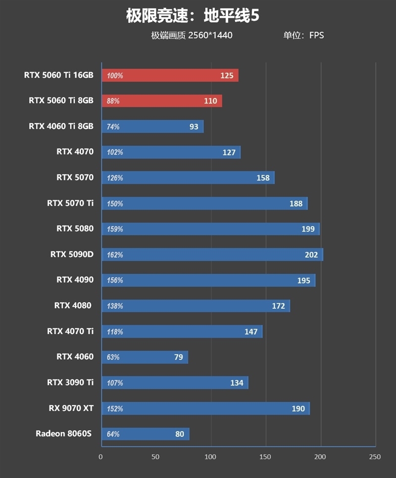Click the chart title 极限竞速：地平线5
(x=193, y=16)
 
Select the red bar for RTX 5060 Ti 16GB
(x=170, y=76)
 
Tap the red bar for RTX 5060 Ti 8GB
(x=162, y=101)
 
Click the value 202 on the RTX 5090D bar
(x=311, y=255)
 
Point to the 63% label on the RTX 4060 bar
(x=113, y=357)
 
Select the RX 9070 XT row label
(x=71, y=408)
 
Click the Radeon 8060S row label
(x=64, y=433)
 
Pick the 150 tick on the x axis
(x=266, y=457)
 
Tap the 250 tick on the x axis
(x=375, y=457)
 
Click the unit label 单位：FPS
(x=303, y=35)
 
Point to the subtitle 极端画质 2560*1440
(x=192, y=35)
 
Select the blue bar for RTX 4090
(x=208, y=281)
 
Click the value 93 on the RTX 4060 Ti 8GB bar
(x=194, y=127)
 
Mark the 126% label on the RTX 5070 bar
(x=115, y=178)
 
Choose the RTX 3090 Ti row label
(x=70, y=382)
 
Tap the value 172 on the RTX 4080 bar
(x=279, y=306)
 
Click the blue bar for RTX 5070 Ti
(x=204, y=203)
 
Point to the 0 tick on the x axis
(x=101, y=457)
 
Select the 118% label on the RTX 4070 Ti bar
(x=115, y=332)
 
